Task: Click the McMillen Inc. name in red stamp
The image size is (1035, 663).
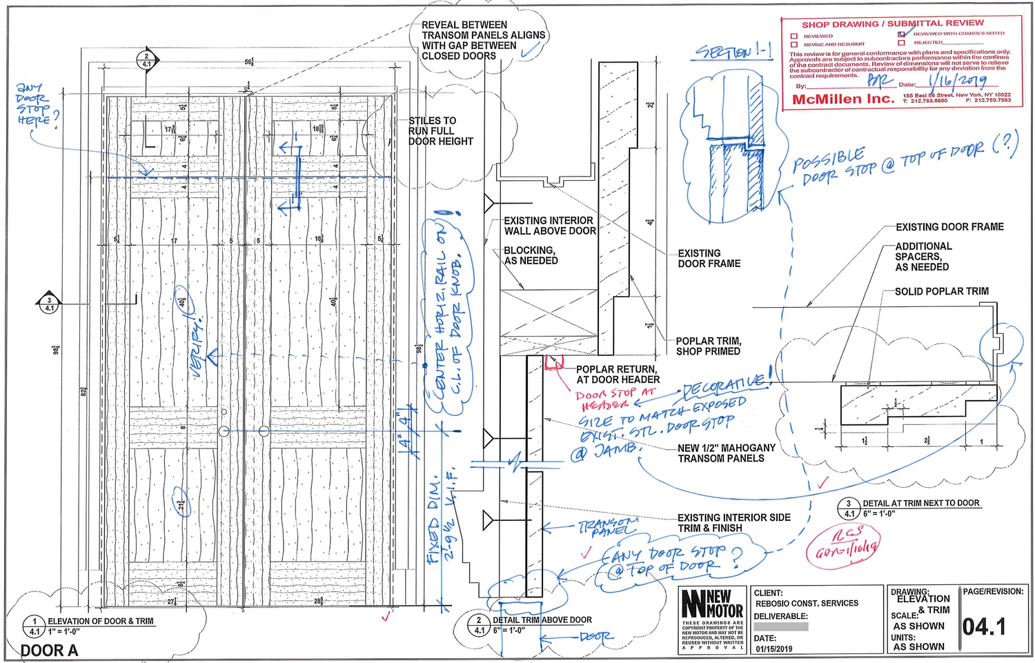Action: click(842, 99)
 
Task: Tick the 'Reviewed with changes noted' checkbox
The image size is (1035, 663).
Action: click(901, 34)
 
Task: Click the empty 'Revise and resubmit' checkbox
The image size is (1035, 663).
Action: click(794, 44)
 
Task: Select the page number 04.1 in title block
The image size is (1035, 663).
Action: click(984, 626)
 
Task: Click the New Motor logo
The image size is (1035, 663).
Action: click(712, 602)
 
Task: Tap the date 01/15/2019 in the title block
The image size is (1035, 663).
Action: click(773, 649)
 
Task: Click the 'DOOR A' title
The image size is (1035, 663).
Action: click(49, 651)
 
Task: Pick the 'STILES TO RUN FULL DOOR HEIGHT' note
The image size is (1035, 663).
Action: click(440, 131)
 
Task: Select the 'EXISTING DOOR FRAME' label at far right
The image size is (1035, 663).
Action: click(949, 227)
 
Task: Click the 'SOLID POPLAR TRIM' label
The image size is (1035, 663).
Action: click(941, 292)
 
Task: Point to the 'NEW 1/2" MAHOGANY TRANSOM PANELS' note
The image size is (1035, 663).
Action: click(726, 453)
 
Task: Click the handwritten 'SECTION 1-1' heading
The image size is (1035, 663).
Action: click(733, 52)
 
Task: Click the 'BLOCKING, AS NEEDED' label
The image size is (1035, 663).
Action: click(531, 255)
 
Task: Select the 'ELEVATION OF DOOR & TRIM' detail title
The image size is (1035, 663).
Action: click(101, 622)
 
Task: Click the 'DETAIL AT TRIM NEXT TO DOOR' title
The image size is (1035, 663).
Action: click(920, 504)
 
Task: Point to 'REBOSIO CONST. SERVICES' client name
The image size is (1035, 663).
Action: click(807, 604)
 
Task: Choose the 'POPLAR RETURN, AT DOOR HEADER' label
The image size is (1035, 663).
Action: click(618, 375)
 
